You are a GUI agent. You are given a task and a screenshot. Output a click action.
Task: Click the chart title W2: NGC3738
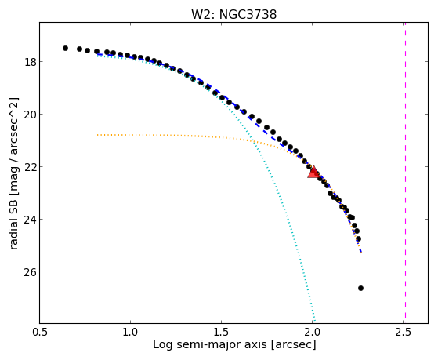tap(233, 15)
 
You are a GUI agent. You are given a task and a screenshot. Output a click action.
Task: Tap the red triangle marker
tap(313, 172)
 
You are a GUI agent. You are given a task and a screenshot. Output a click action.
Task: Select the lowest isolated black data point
tap(360, 288)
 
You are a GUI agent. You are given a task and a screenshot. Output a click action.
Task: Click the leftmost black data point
tap(65, 48)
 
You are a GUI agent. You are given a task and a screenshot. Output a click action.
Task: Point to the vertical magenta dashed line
tap(405, 173)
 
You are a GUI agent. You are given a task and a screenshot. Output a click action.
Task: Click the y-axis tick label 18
tap(31, 62)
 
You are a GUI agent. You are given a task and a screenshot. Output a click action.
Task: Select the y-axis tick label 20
tap(31, 115)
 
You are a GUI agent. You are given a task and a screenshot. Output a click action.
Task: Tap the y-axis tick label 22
tap(31, 167)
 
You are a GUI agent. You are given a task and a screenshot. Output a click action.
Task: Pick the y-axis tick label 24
tap(31, 220)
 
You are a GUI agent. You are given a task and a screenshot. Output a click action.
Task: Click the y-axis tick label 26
tap(31, 271)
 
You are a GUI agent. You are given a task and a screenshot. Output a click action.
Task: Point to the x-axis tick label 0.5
tap(40, 332)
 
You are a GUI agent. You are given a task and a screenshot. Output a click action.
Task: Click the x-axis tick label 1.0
tap(130, 332)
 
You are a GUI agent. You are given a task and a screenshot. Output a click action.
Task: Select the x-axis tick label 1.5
tap(221, 332)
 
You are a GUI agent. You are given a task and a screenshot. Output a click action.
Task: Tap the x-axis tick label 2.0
tap(313, 332)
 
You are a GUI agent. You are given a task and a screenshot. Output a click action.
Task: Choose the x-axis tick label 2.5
tap(403, 332)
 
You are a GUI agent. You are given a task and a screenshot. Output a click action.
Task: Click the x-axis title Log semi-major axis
tap(210, 344)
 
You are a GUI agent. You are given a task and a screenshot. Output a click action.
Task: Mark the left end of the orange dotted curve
tap(97, 135)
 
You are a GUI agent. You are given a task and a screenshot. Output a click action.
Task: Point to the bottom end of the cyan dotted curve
tap(315, 322)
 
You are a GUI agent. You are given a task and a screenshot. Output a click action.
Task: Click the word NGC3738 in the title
tap(248, 15)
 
